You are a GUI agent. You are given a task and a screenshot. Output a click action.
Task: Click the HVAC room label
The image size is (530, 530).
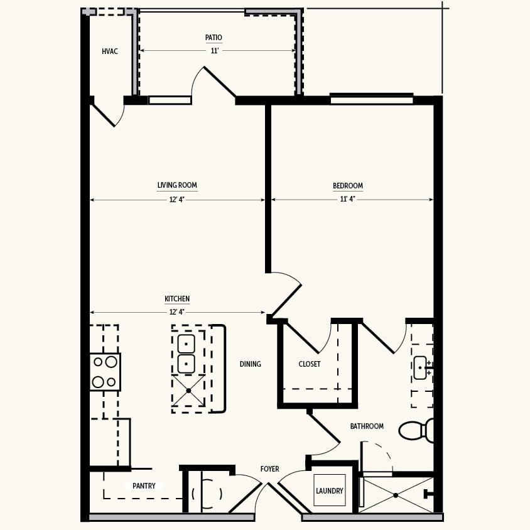pos(110,51)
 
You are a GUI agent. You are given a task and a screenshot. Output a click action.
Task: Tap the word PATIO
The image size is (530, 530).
pos(214,38)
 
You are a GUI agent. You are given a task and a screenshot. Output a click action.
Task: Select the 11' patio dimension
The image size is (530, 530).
pos(215,51)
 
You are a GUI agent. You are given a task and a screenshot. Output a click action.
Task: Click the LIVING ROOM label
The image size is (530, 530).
pos(177,185)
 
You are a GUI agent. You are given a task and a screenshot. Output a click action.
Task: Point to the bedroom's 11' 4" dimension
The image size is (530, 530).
pos(348,199)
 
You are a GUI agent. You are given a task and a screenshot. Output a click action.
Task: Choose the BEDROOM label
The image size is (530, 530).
pos(348,186)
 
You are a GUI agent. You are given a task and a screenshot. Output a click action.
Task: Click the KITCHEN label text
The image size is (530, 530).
pos(177,299)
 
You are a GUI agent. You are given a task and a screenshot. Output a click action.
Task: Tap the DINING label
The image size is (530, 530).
pos(251,364)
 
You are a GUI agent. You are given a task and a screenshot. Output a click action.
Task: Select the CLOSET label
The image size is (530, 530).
pos(310,364)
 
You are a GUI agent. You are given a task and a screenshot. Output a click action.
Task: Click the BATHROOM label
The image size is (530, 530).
pos(367,426)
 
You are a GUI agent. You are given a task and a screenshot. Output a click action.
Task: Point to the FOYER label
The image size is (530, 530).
pos(270,469)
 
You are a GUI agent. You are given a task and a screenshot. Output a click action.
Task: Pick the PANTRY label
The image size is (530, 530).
pos(144,486)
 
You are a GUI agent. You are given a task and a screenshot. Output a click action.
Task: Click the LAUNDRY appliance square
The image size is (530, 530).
pos(330,490)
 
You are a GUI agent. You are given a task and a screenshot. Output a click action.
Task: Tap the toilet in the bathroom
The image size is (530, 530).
pos(416,430)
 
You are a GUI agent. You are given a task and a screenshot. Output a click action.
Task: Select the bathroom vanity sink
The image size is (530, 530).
pos(421,368)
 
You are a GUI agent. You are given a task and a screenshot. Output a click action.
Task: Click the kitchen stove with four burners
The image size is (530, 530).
pos(105,372)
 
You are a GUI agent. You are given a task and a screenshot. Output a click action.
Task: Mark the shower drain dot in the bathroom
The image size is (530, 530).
pos(396,495)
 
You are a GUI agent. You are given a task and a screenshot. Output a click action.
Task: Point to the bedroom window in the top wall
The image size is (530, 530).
pos(372,100)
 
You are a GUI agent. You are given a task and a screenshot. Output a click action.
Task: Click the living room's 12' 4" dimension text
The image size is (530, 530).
pos(177,200)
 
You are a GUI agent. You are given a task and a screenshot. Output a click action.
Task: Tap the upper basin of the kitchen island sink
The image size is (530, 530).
pos(187,343)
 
